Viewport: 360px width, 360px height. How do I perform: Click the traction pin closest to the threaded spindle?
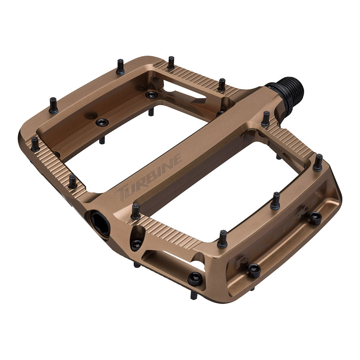tap(266, 119)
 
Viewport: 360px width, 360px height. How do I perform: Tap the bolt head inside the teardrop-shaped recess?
tap(136, 244)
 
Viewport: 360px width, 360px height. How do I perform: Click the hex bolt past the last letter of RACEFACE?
tap(316, 217)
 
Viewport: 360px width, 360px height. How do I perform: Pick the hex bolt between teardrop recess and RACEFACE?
tap(196, 278)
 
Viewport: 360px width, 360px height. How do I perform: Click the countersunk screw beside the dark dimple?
tap(102, 122)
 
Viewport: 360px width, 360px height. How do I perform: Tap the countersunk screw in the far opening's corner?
tap(151, 95)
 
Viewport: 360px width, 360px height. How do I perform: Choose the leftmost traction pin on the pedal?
tap(35, 144)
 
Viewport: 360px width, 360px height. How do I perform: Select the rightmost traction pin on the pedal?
tap(318, 162)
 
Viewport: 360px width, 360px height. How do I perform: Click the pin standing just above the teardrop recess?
tap(136, 211)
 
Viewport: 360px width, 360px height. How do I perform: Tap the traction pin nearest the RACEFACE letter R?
tap(222, 239)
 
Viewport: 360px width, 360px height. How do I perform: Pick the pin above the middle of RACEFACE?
tap(276, 201)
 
